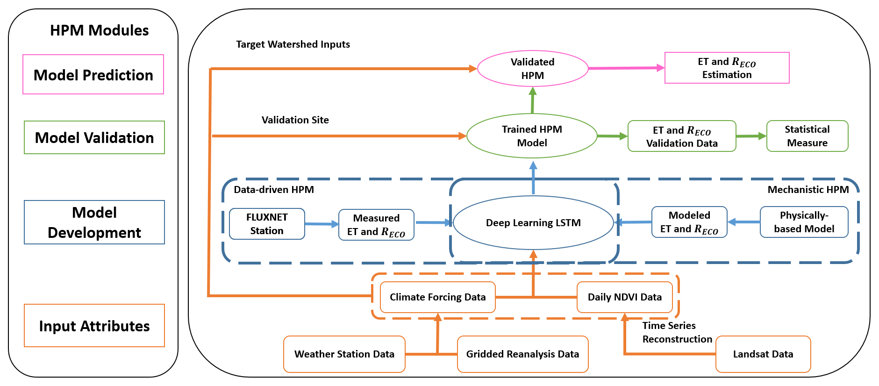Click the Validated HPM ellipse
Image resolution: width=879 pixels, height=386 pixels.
coord(532,69)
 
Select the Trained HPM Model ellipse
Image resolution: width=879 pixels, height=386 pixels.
coord(532,136)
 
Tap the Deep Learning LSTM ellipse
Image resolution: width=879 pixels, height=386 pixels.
coord(533,223)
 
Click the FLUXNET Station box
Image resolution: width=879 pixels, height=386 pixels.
coord(267,224)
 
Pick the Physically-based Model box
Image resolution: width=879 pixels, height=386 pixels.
coord(804,222)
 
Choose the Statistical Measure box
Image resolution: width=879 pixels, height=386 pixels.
coord(807,136)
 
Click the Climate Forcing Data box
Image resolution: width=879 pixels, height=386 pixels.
coord(437,297)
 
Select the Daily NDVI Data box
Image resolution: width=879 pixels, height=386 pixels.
coord(624,297)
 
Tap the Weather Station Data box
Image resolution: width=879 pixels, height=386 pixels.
coord(344,354)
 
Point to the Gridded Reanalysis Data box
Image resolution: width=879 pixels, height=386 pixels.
coord(522,354)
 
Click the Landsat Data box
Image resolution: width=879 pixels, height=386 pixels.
coord(763,354)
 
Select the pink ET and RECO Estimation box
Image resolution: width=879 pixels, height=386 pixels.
coord(727,68)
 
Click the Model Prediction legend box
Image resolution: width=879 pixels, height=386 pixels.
coord(93,75)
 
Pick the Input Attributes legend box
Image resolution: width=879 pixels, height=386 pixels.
coord(94,326)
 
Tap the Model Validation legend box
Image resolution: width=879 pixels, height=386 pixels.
coord(94,137)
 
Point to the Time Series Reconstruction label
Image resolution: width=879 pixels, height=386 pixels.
coord(677,332)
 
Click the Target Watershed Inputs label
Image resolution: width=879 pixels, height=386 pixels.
coord(293,44)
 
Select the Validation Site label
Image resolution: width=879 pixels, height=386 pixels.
coord(295,120)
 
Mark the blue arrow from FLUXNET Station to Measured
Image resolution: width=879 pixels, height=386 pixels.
coord(322,224)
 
